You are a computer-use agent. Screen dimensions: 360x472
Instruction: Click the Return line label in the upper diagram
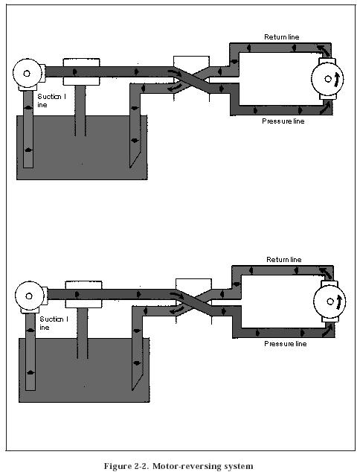(x=281, y=37)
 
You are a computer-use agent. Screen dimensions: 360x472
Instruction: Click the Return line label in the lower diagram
(x=283, y=260)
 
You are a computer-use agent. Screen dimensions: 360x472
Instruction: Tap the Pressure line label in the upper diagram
(x=283, y=121)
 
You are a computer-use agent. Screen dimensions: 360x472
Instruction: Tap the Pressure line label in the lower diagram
(x=286, y=343)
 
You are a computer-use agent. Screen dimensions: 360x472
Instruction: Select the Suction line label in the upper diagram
(x=51, y=101)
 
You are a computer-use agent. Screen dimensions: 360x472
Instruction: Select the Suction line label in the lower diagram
(x=54, y=323)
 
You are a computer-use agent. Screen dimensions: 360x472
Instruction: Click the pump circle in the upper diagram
(x=27, y=74)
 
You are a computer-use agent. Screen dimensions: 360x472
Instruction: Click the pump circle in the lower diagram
(x=29, y=296)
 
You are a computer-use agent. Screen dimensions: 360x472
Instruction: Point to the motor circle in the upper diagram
(x=327, y=79)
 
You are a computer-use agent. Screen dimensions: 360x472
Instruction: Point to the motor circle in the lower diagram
(x=330, y=302)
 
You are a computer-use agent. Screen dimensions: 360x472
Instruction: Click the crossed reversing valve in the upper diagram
(x=192, y=79)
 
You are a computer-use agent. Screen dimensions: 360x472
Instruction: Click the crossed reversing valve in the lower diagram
(x=193, y=302)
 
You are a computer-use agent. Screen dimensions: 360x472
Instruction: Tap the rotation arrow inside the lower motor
(x=339, y=302)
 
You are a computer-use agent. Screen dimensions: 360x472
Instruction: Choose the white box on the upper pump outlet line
(x=81, y=72)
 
